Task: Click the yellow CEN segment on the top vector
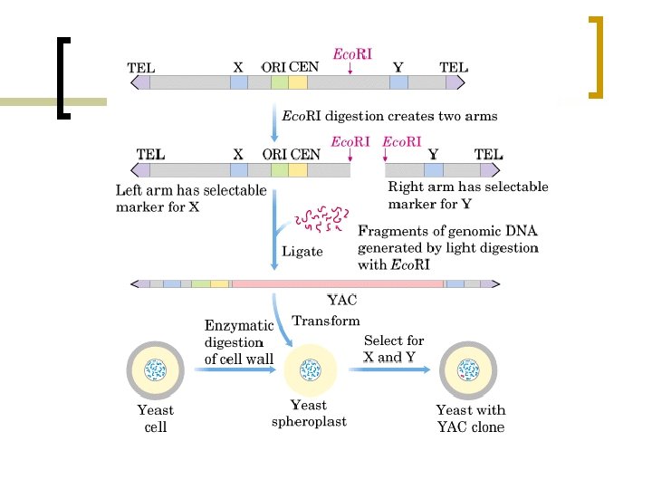coord(298,82)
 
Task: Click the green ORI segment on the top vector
coord(280,82)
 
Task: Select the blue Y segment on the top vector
coord(399,82)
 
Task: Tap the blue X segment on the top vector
coord(238,82)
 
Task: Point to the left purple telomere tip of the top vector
coord(141,82)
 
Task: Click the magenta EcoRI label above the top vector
coord(352,54)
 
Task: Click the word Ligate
coord(302,251)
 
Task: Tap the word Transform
coord(325,321)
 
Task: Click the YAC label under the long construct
coord(341,301)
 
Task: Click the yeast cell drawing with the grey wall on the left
coord(157,369)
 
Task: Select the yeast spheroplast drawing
coord(310,370)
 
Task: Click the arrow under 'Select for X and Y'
coord(392,370)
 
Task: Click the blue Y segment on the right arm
coord(434,169)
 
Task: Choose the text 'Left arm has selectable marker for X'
coord(190,198)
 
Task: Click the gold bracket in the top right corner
coord(596,56)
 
